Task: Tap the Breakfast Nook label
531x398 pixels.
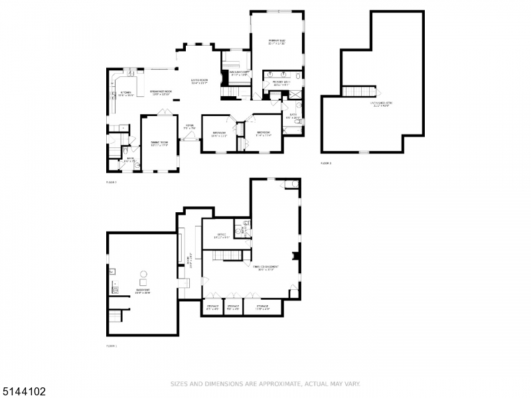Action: pos(161,93)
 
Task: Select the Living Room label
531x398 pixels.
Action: pos(199,82)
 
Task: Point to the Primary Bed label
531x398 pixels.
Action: pos(277,42)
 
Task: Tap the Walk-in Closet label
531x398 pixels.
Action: pos(239,74)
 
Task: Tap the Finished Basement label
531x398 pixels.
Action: pos(265,268)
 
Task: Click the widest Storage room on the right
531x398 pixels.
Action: pos(262,308)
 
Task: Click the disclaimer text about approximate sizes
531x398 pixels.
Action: pos(265,383)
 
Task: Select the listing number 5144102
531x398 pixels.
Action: pos(24,391)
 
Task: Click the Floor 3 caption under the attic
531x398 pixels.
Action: pos(326,163)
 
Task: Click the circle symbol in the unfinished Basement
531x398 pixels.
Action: pos(142,273)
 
